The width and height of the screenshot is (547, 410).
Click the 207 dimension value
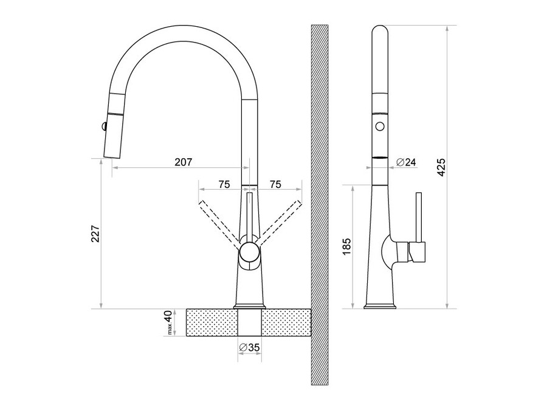pos(184,162)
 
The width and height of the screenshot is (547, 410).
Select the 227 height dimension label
pos(96,234)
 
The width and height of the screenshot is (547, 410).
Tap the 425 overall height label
pos(441,167)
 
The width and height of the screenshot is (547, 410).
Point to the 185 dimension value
pos(347,246)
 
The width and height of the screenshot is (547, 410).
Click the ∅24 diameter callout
pos(407,162)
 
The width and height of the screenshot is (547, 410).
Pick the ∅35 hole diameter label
pos(249,347)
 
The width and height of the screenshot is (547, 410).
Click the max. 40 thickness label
pos(168,322)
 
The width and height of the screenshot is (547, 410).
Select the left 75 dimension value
pos(224,184)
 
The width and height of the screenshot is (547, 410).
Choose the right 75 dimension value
pos(275,184)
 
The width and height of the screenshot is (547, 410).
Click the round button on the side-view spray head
pos(380,125)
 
